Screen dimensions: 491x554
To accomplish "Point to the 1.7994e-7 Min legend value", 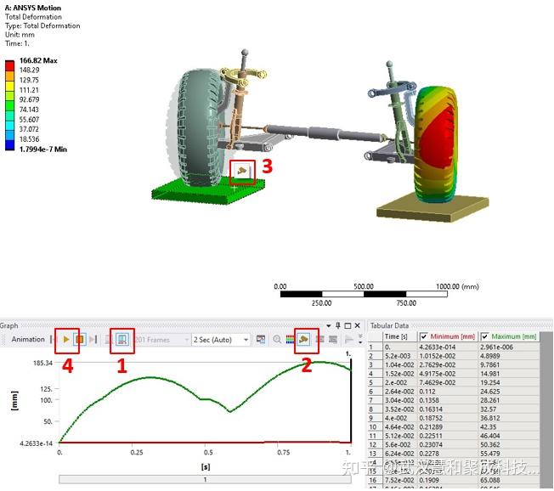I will click(x=42, y=149).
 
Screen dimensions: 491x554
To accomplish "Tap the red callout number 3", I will click(x=267, y=166).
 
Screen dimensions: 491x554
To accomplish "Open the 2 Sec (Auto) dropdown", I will click(x=221, y=340).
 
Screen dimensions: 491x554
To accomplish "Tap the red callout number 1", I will click(x=122, y=366).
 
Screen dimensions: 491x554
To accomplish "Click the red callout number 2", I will click(x=307, y=366).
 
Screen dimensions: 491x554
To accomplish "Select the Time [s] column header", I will click(x=397, y=336).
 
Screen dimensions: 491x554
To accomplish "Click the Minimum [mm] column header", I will click(x=455, y=336).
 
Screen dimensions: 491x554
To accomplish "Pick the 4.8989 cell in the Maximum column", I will click(x=512, y=356).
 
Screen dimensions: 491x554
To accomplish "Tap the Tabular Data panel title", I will click(x=393, y=325).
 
